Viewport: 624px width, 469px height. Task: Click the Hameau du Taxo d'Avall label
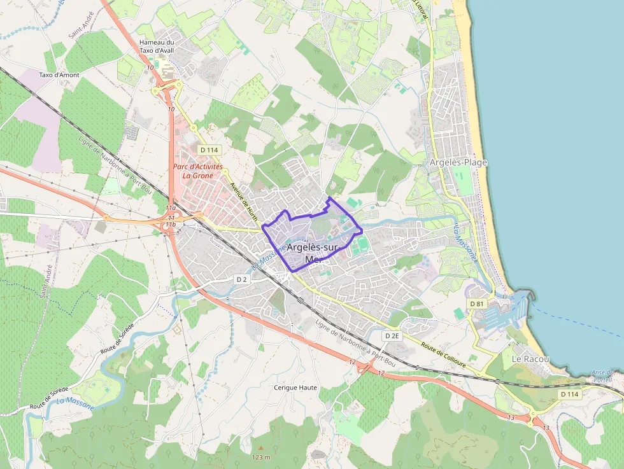[156, 46]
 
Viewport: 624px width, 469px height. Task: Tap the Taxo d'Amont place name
[59, 74]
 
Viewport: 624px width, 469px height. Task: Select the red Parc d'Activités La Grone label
[197, 171]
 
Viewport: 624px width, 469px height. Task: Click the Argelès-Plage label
[458, 162]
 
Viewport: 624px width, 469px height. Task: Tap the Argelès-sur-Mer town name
[313, 253]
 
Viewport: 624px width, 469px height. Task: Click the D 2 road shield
[241, 279]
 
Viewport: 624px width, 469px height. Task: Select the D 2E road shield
[392, 335]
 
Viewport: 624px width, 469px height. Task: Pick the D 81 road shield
[477, 304]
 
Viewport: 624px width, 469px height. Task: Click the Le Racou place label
[530, 359]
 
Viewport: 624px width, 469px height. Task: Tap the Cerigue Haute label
[295, 387]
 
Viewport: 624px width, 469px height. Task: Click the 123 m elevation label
[261, 457]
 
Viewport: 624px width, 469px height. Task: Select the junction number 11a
[170, 208]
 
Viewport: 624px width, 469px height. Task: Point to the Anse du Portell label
[602, 375]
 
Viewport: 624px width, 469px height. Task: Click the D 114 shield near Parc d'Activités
[209, 150]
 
